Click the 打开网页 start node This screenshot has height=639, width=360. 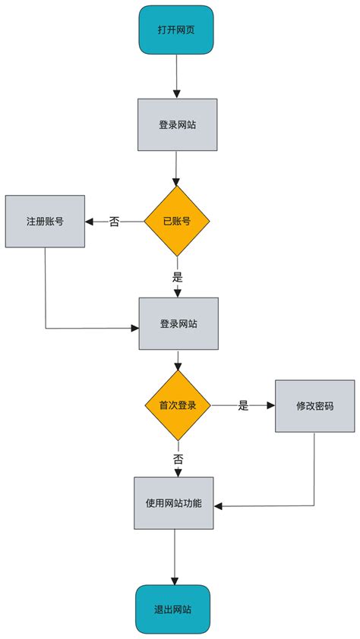click(176, 30)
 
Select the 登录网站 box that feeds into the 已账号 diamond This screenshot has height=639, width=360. click(177, 124)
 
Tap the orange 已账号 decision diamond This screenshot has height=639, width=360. click(177, 222)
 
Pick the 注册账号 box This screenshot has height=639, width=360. click(45, 222)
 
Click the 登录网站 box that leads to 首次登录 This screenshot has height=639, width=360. click(178, 323)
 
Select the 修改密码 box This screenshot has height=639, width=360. click(314, 405)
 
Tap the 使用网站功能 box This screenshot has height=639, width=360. click(174, 503)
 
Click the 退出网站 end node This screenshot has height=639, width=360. click(173, 609)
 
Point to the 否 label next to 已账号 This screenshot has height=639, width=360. click(114, 222)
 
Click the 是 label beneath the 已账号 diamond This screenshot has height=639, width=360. click(178, 277)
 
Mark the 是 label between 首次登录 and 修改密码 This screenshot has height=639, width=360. click(243, 405)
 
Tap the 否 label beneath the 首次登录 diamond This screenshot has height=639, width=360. click(178, 459)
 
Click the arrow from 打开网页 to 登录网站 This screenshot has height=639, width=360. click(176, 76)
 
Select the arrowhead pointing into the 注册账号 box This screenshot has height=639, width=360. click(89, 222)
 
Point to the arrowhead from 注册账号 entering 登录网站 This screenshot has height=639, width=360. click(134, 328)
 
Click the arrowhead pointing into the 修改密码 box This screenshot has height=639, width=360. click(270, 405)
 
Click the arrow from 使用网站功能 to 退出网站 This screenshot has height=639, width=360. click(174, 558)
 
